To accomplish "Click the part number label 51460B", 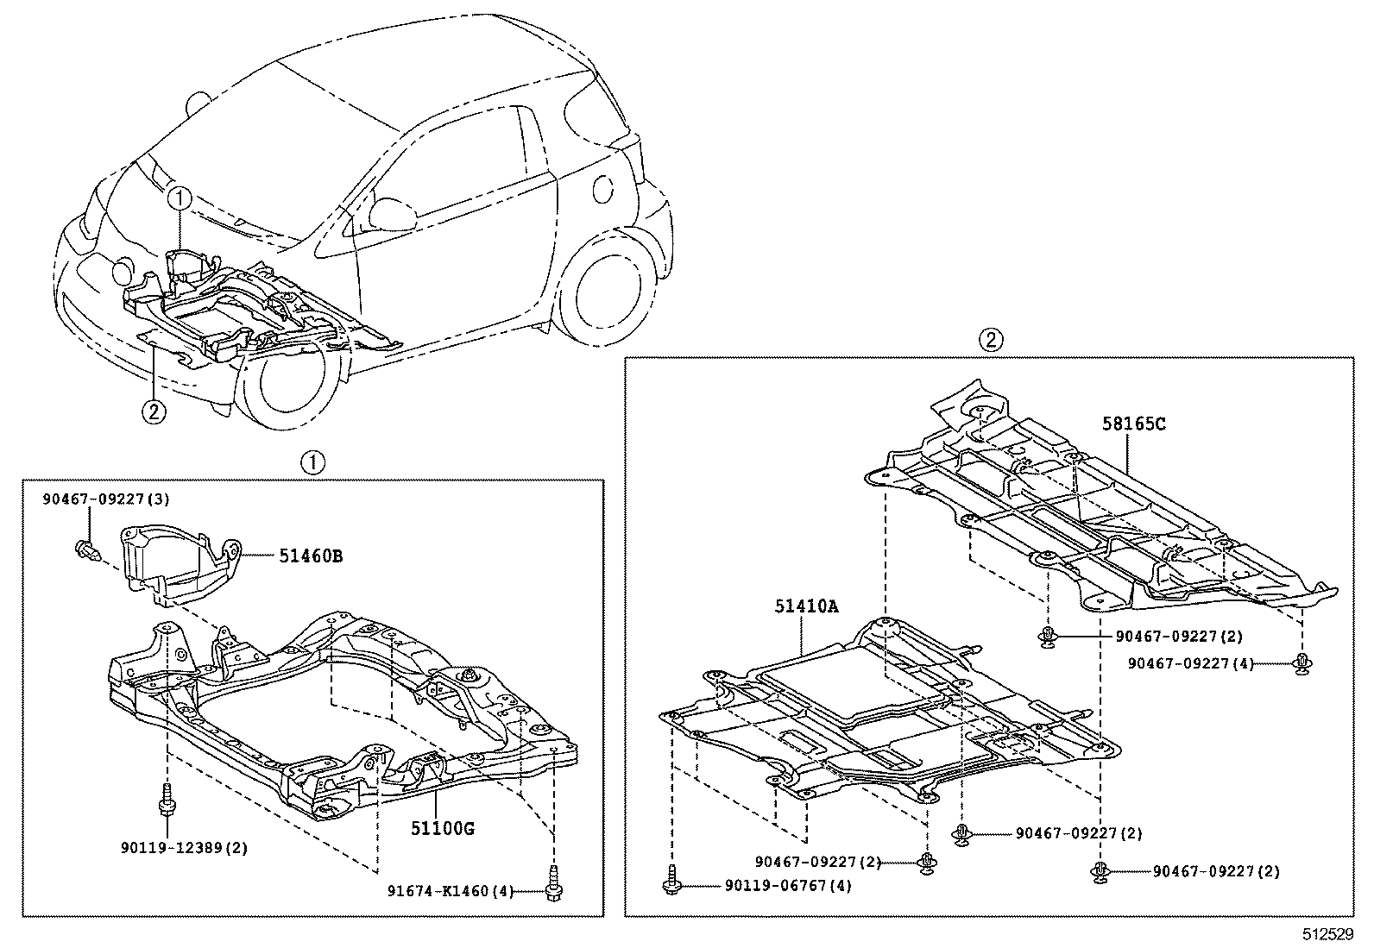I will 310,556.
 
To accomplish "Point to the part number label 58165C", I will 1133,424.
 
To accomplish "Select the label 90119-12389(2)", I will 184,848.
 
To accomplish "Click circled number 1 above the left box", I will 312,463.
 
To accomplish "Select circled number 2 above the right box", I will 990,340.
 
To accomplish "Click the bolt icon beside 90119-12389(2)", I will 164,800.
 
